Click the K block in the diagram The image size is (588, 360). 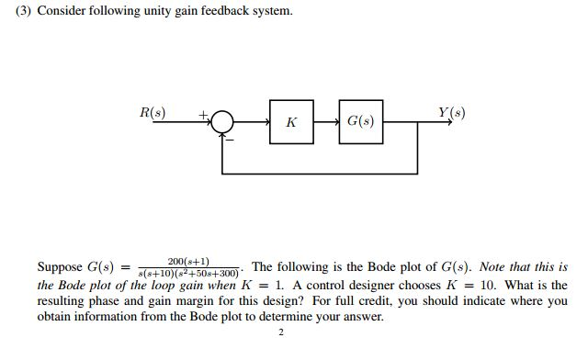click(291, 122)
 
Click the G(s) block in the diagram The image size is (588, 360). click(359, 122)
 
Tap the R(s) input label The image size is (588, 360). click(152, 113)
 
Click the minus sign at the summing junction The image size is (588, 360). click(230, 139)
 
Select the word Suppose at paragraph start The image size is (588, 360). click(61, 268)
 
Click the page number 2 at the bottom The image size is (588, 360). click(281, 332)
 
